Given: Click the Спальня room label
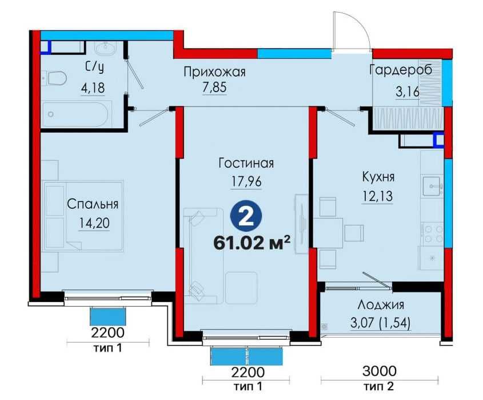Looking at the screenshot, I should pos(92,204).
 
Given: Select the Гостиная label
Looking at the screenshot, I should pos(246,164).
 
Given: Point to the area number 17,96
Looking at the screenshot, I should pos(246,181).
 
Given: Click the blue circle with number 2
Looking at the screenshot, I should pos(246,217).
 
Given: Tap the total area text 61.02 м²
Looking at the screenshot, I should pos(252,242).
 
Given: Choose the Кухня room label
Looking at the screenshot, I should pos(378,177).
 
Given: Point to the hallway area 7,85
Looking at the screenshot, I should pos(214,89).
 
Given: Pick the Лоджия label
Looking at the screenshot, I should pos(381,304).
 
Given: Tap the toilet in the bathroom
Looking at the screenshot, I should pos(53,77).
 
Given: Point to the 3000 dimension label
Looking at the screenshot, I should pos(380,371).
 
